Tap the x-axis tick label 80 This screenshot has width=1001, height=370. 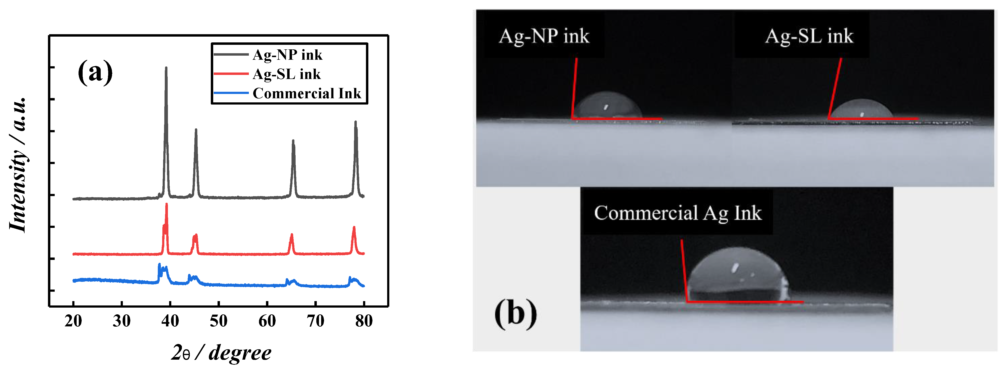click(364, 321)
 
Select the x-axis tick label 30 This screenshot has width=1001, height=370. click(122, 321)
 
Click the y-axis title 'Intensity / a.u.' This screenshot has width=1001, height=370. click(18, 165)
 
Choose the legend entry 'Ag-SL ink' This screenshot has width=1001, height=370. click(286, 74)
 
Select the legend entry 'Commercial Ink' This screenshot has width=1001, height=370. click(307, 93)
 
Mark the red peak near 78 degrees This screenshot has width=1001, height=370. click(354, 228)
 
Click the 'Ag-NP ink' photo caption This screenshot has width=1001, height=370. click(544, 36)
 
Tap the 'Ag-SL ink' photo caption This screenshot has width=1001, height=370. click(809, 36)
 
